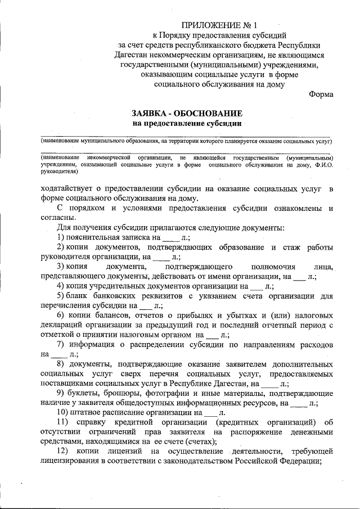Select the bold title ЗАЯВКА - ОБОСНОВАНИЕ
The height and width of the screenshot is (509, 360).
pyautogui.click(x=187, y=113)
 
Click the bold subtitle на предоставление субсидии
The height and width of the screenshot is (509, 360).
pyautogui.click(x=187, y=123)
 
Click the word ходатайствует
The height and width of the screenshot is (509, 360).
pyautogui.click(x=67, y=188)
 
